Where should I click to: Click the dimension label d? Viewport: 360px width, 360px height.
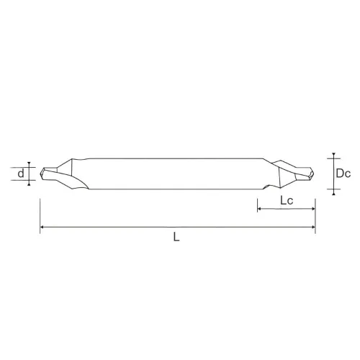(21, 174)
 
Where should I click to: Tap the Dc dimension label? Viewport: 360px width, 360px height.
(343, 174)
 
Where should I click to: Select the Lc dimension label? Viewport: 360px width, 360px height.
(287, 200)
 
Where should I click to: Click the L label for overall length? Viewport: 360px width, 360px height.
(176, 237)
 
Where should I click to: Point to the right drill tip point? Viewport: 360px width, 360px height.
(314, 174)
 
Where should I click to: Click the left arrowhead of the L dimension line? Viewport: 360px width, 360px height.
(42, 227)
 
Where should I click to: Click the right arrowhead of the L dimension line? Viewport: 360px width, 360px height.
(313, 227)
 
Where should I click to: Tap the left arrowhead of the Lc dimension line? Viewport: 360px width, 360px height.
(259, 209)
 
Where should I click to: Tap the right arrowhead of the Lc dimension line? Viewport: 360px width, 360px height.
(313, 209)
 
